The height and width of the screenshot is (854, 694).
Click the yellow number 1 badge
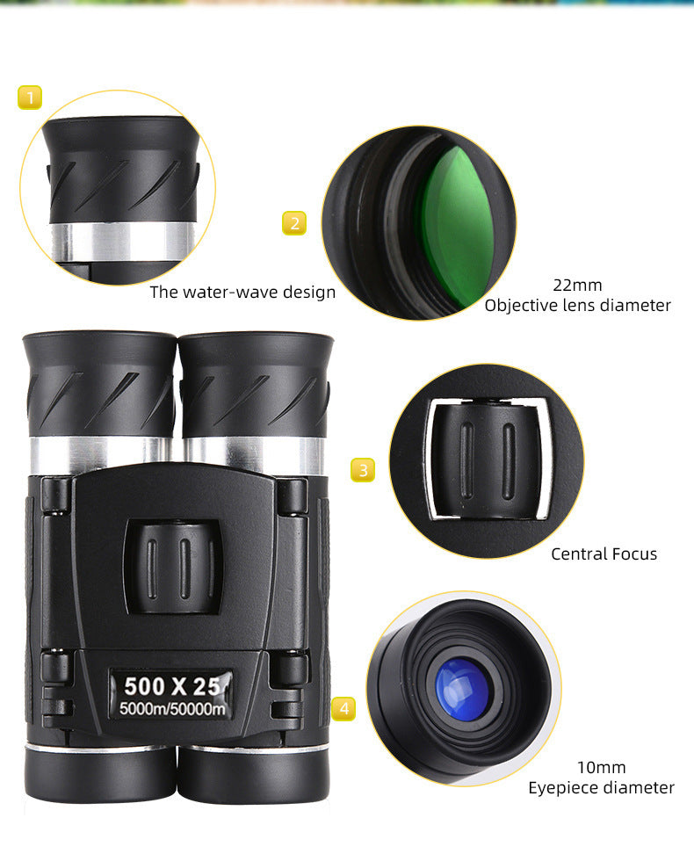tap(30, 97)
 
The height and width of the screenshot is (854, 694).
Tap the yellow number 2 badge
tap(294, 223)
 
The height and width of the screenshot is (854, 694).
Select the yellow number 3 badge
tap(363, 470)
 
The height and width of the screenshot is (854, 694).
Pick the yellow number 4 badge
tap(344, 708)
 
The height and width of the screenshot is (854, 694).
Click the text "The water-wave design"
tap(242, 293)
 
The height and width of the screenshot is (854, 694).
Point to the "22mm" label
tap(577, 285)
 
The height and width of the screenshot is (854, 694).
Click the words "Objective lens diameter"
tap(577, 306)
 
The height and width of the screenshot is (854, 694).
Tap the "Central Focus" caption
tap(604, 554)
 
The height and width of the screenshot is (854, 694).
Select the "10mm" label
tap(601, 767)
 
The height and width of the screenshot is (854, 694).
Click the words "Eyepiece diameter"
tap(601, 788)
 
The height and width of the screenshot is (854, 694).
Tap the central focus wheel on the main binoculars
tap(172, 566)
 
